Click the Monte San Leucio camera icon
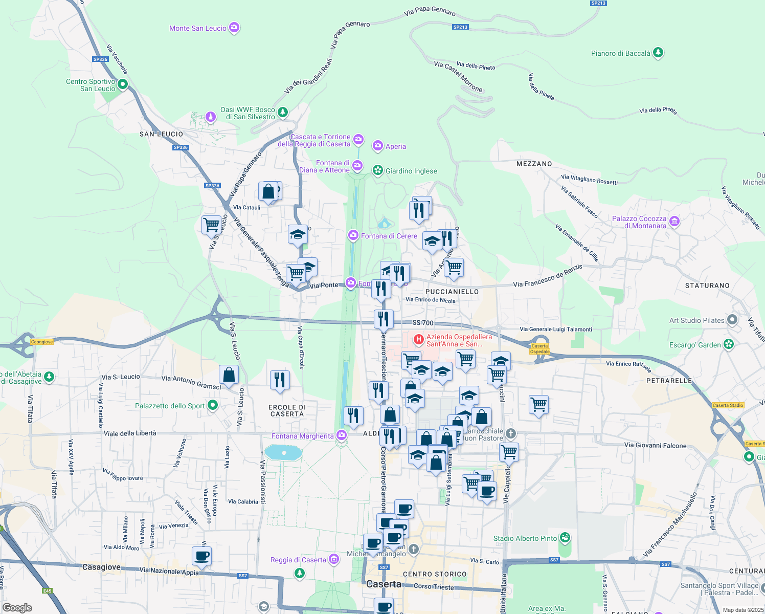pos(234,28)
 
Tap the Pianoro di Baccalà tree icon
pos(658,53)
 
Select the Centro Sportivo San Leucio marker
pos(123,84)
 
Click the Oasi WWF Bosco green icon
pos(283,112)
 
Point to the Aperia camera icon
pos(378,146)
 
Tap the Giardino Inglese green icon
pos(378,170)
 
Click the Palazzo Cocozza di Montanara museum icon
pos(674,222)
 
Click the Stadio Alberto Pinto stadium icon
pos(565,538)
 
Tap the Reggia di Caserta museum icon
pos(334,559)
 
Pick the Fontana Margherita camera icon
pos(342,436)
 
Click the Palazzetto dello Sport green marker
pos(213,406)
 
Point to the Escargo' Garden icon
pos(729,344)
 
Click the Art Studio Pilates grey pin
pos(732,320)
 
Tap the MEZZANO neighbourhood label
pos(534,164)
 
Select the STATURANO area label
pos(707,286)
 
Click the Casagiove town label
pos(101,567)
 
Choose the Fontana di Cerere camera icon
pos(353,236)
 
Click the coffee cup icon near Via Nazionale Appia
pos(202,556)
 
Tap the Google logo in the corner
pos(17,608)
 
